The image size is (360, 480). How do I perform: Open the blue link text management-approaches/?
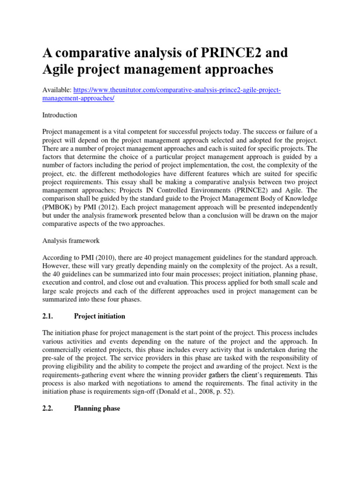[x=78, y=98]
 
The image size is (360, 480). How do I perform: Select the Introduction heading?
[x=60, y=115]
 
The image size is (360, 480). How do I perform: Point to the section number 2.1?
[x=49, y=316]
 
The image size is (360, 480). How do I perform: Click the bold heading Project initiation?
[x=99, y=316]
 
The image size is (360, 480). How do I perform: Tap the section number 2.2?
[x=49, y=408]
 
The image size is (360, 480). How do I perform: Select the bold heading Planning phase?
[x=97, y=408]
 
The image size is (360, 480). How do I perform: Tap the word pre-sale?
[x=54, y=358]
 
